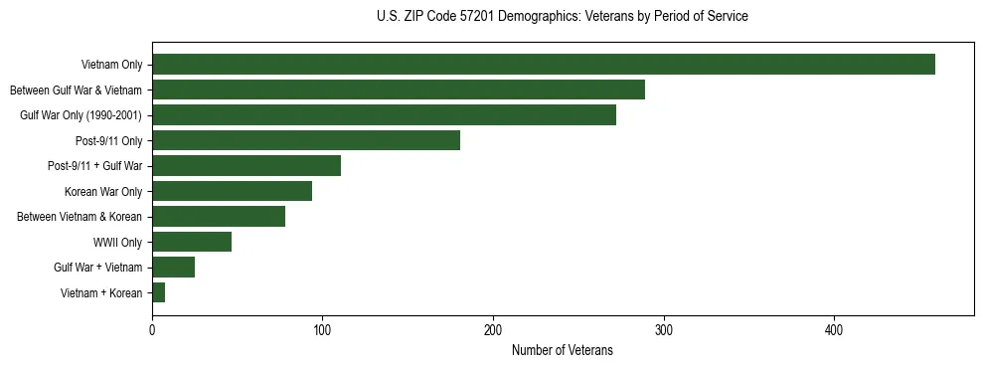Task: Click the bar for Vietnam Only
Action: (x=544, y=65)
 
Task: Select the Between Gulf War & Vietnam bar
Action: (x=399, y=90)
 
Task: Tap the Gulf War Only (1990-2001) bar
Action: (x=384, y=115)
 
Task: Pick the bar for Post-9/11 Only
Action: (x=306, y=140)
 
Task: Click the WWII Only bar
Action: (x=192, y=242)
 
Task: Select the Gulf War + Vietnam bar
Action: (x=173, y=267)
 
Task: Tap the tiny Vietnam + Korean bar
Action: (x=159, y=292)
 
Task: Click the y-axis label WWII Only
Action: (x=117, y=242)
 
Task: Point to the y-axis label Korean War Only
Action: (x=103, y=191)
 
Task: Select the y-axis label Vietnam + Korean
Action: (x=101, y=292)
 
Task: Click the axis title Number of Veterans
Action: (x=562, y=350)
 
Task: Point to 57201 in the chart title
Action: (x=476, y=16)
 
